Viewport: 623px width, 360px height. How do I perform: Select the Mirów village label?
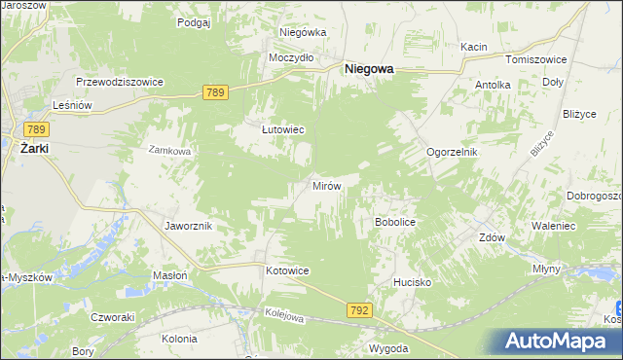(324, 185)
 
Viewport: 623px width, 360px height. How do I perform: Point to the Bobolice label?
(395, 223)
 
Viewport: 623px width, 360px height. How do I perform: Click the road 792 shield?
(358, 310)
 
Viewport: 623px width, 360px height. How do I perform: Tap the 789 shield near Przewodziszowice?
(216, 91)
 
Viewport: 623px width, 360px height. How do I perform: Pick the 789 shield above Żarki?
(37, 129)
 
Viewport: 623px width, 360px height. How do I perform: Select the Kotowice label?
(287, 270)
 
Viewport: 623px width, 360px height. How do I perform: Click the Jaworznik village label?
(189, 226)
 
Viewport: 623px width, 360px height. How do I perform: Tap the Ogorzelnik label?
(453, 153)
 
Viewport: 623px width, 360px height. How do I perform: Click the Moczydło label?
(291, 57)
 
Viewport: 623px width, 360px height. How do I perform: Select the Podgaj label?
(195, 21)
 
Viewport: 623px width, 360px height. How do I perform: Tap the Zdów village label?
(493, 238)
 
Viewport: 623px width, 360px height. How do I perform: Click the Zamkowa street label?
(168, 151)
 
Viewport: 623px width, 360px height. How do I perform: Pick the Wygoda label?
(388, 347)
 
